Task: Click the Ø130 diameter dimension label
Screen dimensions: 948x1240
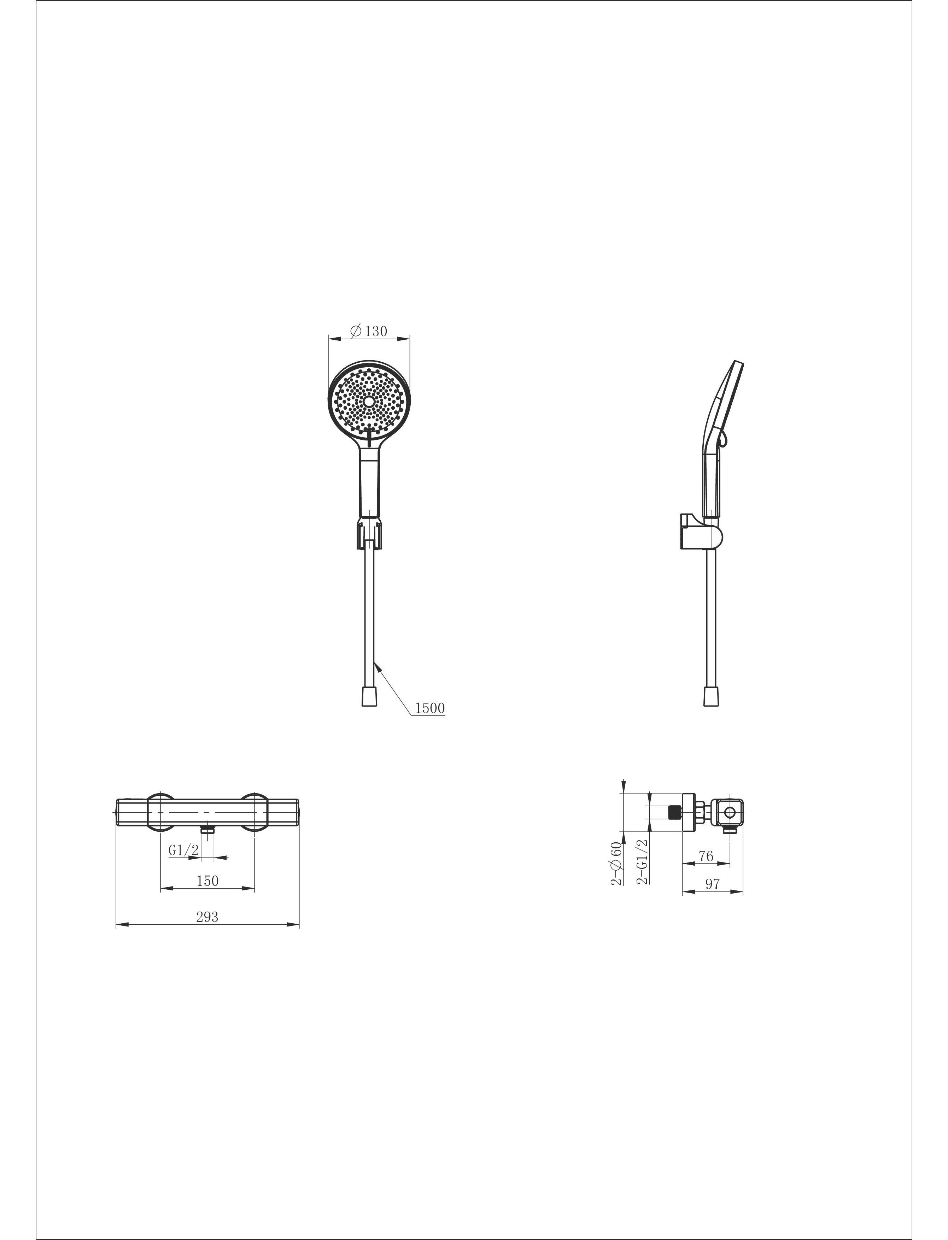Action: (x=369, y=331)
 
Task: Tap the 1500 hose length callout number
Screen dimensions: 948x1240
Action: (x=430, y=708)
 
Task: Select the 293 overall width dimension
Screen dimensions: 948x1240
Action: (x=207, y=917)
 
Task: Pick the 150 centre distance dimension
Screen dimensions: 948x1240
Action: (x=207, y=881)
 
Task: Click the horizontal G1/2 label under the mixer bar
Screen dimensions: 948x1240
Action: (x=184, y=850)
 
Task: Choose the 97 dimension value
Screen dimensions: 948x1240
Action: (x=713, y=884)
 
